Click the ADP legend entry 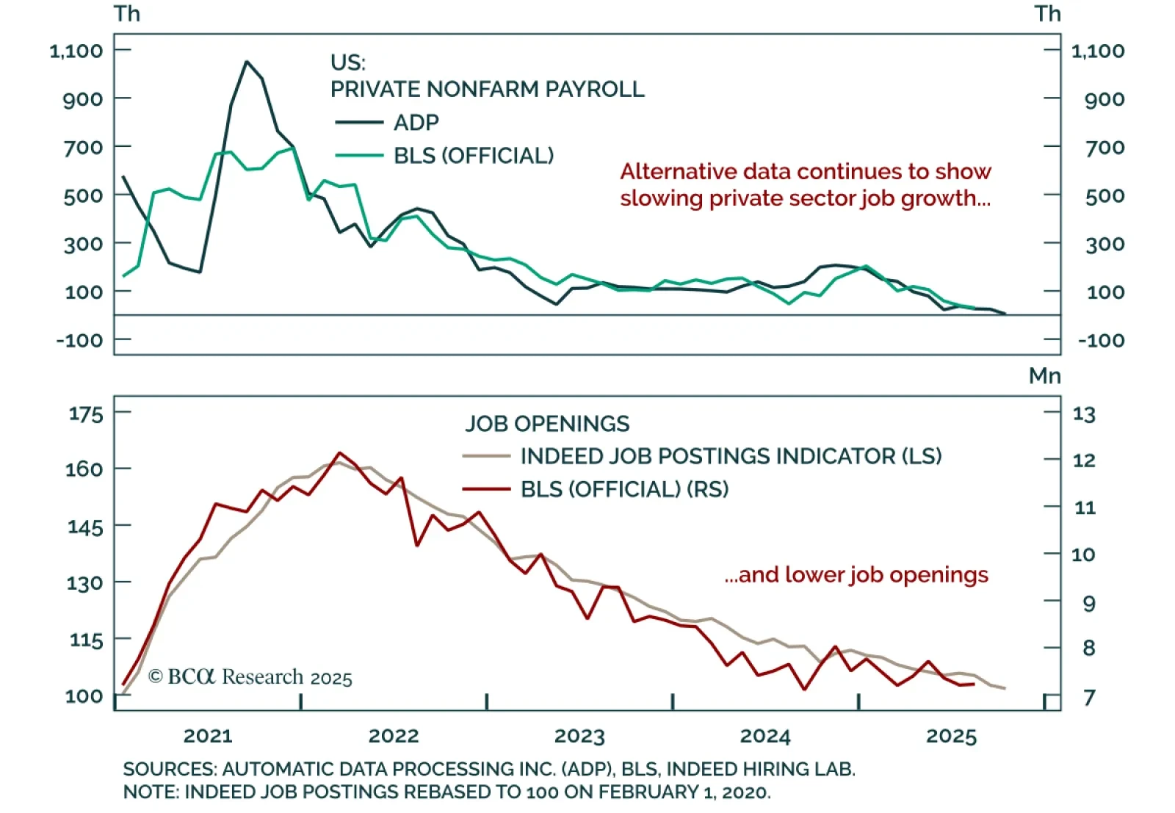[416, 123]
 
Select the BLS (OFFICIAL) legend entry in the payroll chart [473, 156]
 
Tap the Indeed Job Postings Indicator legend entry [730, 456]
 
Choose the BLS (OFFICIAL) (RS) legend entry [624, 489]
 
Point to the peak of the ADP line [247, 62]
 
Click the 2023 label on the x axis [579, 736]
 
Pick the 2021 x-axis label [208, 736]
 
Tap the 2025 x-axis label [951, 736]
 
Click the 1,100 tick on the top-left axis [76, 51]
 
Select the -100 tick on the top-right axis [1101, 341]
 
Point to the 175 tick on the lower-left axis [86, 414]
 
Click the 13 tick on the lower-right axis [1084, 415]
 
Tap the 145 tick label [86, 527]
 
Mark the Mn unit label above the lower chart [1044, 376]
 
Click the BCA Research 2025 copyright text [250, 676]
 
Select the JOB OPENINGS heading [547, 424]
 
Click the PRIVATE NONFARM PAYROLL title [487, 90]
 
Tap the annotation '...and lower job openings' [856, 574]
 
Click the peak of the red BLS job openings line [339, 452]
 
